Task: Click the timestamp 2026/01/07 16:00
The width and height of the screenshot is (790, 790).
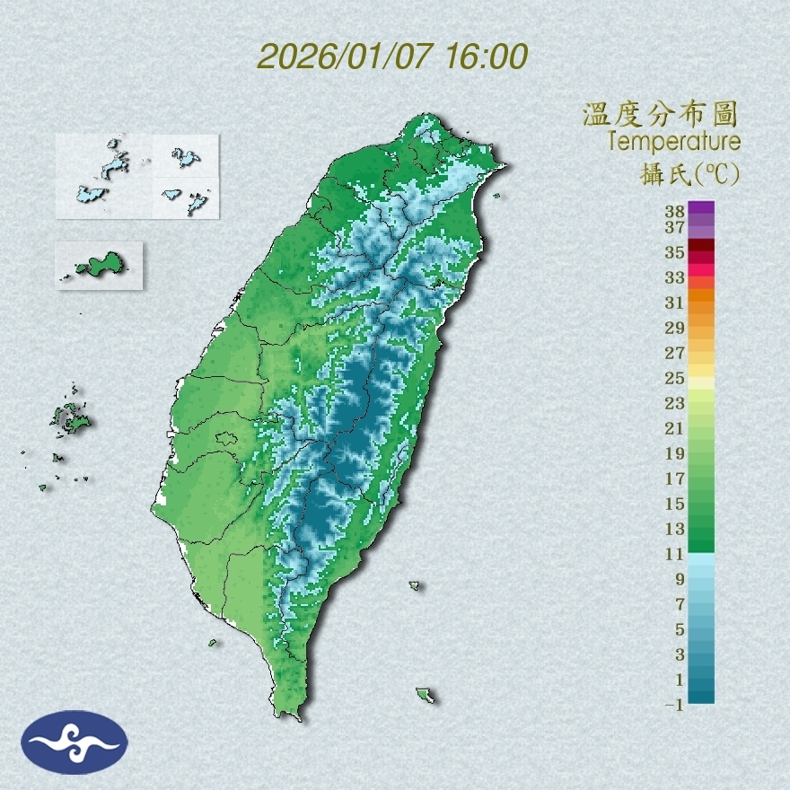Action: [392, 57]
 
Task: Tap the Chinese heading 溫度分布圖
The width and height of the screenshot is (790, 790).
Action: [660, 115]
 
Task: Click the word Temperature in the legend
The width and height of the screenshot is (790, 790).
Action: [673, 142]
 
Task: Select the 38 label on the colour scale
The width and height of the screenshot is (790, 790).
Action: [675, 212]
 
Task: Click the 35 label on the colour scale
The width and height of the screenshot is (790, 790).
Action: [675, 252]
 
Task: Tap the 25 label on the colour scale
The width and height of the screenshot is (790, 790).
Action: [675, 378]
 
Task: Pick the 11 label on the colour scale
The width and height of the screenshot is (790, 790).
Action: [675, 555]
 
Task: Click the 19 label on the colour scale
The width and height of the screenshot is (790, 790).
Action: [675, 453]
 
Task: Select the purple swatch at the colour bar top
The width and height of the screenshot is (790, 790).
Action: [701, 208]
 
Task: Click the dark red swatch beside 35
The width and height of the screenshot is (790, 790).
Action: [701, 246]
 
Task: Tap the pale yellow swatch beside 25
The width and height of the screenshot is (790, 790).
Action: [701, 382]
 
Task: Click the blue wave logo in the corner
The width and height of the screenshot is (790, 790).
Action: [75, 742]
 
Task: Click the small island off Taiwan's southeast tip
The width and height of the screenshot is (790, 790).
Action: [425, 694]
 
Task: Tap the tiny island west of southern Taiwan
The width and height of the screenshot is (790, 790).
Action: [214, 643]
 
